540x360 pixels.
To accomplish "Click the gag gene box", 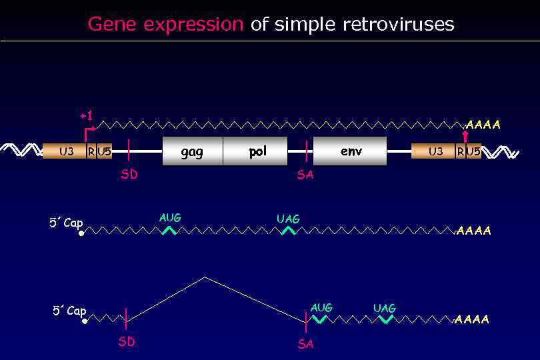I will pyautogui.click(x=192, y=151).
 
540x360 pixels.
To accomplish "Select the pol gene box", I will pyautogui.click(x=256, y=151).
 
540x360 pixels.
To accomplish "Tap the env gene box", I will pyautogui.click(x=350, y=151).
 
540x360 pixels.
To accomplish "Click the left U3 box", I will pyautogui.click(x=65, y=151).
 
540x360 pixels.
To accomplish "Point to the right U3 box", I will pyautogui.click(x=434, y=151).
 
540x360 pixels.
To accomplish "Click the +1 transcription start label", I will pyautogui.click(x=86, y=117).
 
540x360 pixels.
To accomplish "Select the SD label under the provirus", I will pyautogui.click(x=129, y=175).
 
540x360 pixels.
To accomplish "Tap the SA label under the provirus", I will pyautogui.click(x=305, y=175).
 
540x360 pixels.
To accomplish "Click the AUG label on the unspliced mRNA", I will pyautogui.click(x=170, y=218).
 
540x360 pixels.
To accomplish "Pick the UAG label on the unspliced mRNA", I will pyautogui.click(x=288, y=219).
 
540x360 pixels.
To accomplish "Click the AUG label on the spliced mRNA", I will pyautogui.click(x=321, y=308).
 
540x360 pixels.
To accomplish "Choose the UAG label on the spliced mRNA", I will pyautogui.click(x=384, y=308).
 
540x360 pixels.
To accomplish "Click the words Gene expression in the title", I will pyautogui.click(x=165, y=25).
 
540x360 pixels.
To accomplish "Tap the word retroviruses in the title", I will pyautogui.click(x=398, y=25).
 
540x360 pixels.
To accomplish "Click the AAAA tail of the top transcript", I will pyautogui.click(x=483, y=125).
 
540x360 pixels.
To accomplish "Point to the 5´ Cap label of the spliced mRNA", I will pyautogui.click(x=69, y=311).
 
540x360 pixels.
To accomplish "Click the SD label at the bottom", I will pyautogui.click(x=127, y=342).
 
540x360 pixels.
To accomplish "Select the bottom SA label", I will pyautogui.click(x=305, y=344).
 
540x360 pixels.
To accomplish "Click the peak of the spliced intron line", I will pyautogui.click(x=205, y=277).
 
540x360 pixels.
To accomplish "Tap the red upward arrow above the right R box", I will pyautogui.click(x=465, y=136).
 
